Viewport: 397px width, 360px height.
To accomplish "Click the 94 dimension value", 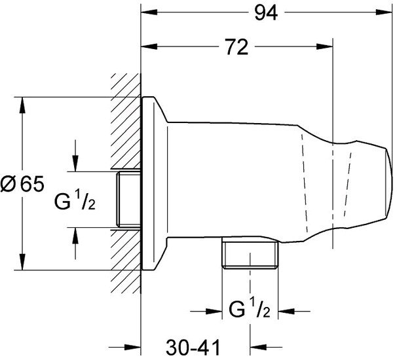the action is [266, 13].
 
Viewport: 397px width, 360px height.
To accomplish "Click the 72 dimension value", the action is [237, 47].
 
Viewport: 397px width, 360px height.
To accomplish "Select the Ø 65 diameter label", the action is [22, 183].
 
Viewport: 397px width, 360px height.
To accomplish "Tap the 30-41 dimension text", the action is [193, 348].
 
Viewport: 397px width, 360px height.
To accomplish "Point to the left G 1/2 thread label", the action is [75, 202].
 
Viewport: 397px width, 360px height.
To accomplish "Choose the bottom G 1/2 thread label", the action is [250, 309].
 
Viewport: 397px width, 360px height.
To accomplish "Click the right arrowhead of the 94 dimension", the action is [384, 12].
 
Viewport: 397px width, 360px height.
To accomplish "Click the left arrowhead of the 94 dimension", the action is [149, 12].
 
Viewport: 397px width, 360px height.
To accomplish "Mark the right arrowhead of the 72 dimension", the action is [324, 46].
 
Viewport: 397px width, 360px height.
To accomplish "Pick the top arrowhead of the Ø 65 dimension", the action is [22, 105].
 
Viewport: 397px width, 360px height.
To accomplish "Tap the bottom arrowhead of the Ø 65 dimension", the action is [22, 262].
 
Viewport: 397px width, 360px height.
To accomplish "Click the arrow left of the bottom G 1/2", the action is [206, 311].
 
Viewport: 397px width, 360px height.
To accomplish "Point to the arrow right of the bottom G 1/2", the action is [294, 311].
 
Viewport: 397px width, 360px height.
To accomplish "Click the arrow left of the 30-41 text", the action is [124, 347].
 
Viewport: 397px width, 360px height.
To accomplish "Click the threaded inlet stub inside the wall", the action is [128, 200].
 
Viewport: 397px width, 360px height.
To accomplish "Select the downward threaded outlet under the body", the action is [250, 252].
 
